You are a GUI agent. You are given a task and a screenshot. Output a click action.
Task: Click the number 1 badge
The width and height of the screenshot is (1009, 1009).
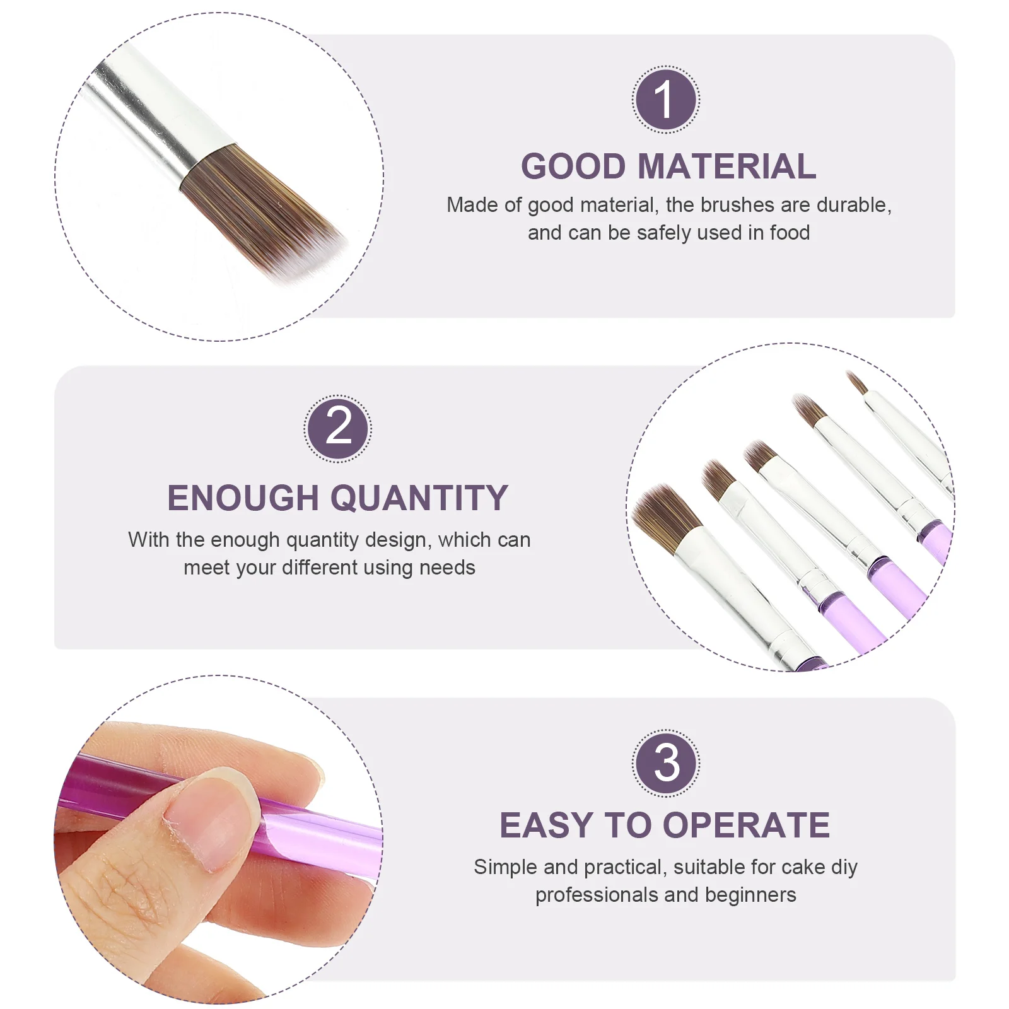point(665,100)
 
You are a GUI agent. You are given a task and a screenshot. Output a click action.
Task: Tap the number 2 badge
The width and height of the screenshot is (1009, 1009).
point(338,429)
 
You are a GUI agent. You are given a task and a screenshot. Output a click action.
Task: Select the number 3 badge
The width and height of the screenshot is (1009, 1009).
point(666,763)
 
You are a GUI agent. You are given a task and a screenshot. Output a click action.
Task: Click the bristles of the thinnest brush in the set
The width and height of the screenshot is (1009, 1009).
point(857,382)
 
